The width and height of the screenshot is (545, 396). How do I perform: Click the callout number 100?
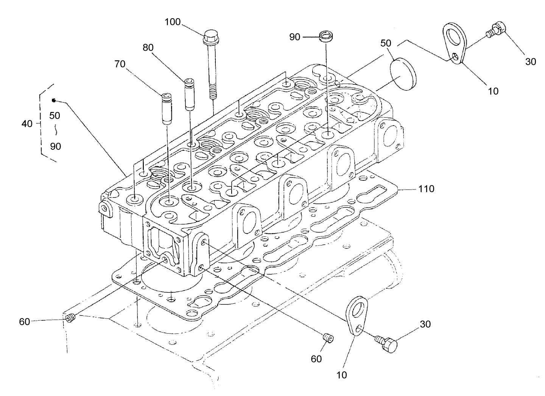pos(173,22)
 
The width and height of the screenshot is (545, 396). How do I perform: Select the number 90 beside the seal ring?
pos(295,37)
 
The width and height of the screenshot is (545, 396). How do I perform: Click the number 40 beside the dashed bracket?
pos(27,123)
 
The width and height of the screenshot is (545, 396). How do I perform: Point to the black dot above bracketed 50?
pos(54,100)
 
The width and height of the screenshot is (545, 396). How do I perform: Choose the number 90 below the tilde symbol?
pos(55,146)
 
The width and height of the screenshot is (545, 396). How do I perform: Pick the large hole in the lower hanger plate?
pos(357,309)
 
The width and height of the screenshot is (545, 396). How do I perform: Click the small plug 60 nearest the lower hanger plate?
pos(328,337)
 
